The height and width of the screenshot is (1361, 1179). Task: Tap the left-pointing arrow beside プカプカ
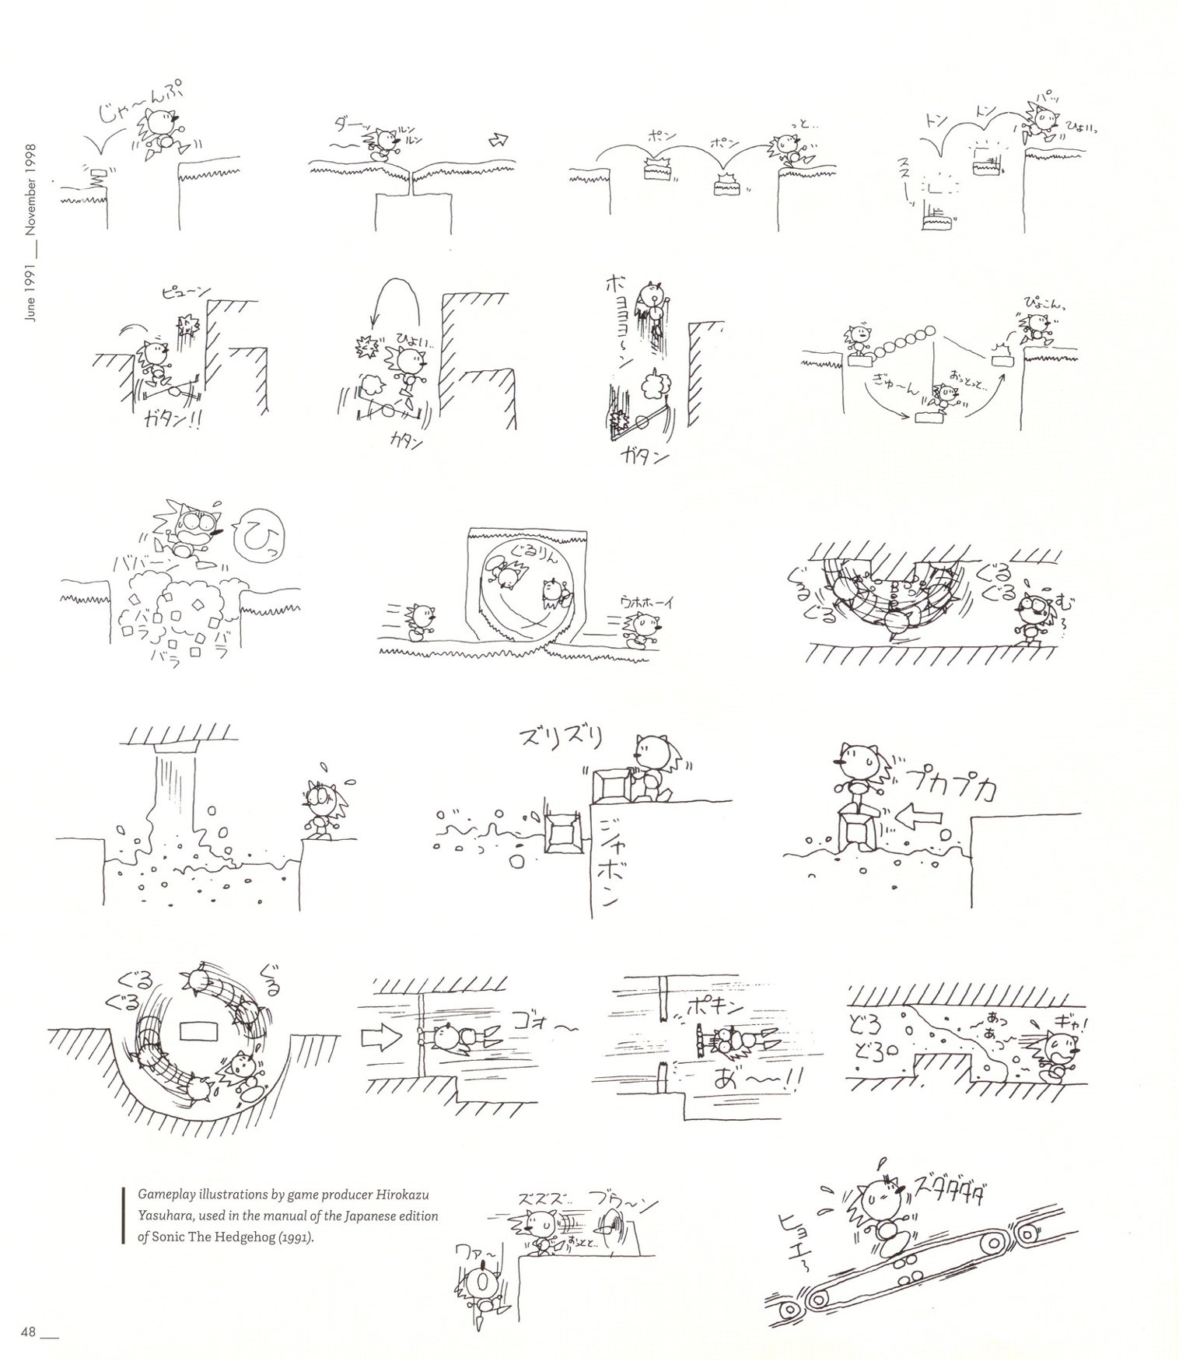tap(919, 817)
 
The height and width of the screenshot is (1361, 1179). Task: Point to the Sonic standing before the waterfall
tap(321, 809)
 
